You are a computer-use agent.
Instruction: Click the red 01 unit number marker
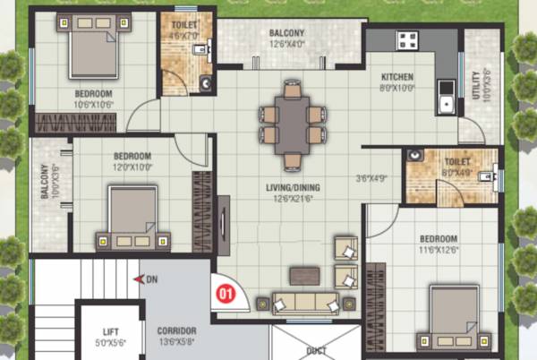click(x=226, y=291)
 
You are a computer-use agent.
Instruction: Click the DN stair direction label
click(x=152, y=279)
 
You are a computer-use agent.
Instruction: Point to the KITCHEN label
click(x=396, y=78)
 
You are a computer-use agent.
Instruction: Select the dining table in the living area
click(x=292, y=124)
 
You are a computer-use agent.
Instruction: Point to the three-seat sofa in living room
click(x=303, y=303)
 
